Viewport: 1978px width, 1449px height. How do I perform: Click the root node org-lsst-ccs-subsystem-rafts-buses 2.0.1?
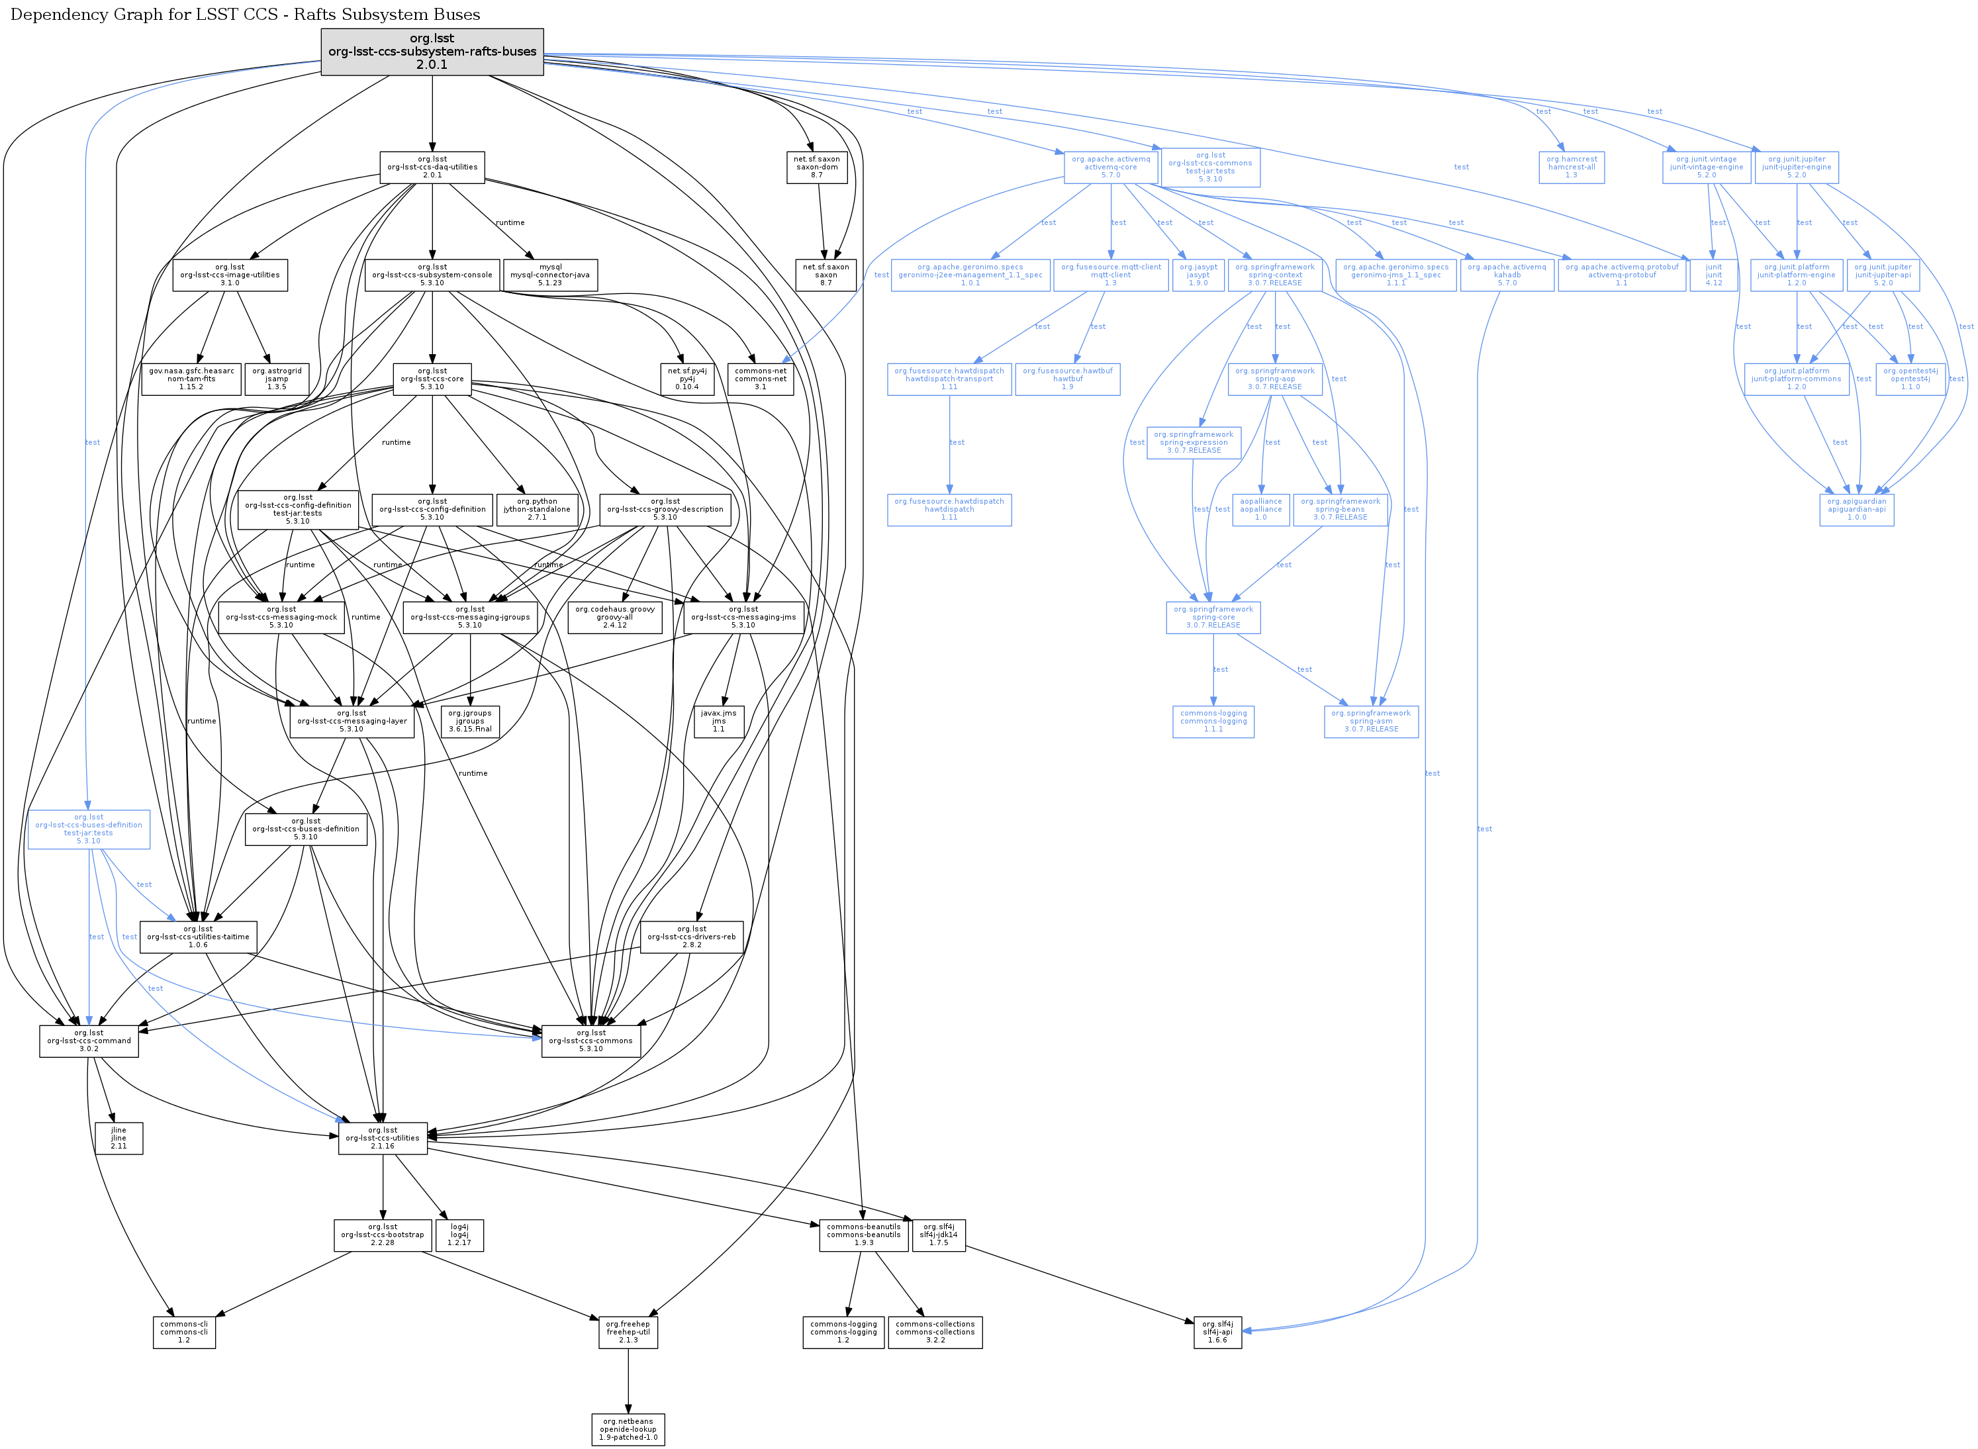point(432,52)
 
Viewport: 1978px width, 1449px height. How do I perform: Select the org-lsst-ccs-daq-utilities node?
point(432,167)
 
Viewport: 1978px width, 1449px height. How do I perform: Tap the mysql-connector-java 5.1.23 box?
point(550,275)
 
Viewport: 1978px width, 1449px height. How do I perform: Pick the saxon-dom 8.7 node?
point(817,167)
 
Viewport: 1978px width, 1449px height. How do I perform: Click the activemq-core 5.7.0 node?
point(1111,167)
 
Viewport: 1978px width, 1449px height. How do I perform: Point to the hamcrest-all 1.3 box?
point(1571,167)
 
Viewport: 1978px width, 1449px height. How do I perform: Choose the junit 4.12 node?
point(1713,275)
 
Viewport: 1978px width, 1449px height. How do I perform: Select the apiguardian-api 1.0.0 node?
point(1856,510)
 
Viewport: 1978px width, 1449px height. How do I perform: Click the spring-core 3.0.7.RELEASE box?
point(1213,618)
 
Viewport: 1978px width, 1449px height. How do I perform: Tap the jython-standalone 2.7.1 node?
point(537,510)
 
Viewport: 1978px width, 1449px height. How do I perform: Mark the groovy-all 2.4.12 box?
point(615,618)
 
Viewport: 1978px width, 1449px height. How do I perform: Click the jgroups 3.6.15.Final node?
point(470,721)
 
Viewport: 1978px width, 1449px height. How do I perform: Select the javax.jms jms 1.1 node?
point(718,721)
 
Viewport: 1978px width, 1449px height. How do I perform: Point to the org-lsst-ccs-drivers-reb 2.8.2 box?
point(691,937)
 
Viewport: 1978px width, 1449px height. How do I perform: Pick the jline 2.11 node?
point(118,1139)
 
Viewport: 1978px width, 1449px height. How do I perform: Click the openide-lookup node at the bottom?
point(628,1430)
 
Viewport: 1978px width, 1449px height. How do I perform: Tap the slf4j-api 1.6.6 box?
point(1217,1332)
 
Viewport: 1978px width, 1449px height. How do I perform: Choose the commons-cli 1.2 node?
point(183,1332)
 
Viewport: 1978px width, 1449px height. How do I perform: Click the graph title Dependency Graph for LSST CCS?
point(245,15)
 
